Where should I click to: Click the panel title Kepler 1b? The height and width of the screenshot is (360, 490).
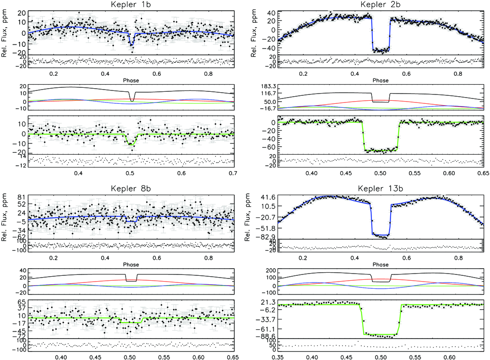pos(131,5)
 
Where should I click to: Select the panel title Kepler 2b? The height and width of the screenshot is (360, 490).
pos(380,5)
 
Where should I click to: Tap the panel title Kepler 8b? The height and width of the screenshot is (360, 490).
pos(131,189)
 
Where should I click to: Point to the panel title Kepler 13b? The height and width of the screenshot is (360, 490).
pos(380,189)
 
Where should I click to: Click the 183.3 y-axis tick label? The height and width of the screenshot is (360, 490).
pos(266,86)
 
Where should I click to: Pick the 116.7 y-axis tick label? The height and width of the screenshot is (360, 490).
pos(266,93)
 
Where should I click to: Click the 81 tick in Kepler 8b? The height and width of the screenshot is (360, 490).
pos(22,197)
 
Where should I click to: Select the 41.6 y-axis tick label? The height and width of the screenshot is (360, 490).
pos(269,197)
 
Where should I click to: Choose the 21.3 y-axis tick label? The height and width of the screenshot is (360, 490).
pos(269,302)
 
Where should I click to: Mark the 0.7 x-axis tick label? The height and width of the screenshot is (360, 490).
pos(233,173)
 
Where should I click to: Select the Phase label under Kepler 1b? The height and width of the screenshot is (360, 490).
pos(131,80)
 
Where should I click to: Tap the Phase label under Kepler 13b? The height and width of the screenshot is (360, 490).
pos(380,264)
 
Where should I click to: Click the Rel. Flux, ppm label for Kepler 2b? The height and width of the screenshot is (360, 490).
pos(253,33)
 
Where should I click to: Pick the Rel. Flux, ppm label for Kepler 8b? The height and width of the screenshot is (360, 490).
pos(4,217)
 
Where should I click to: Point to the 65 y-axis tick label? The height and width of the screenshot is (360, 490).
pos(22,302)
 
